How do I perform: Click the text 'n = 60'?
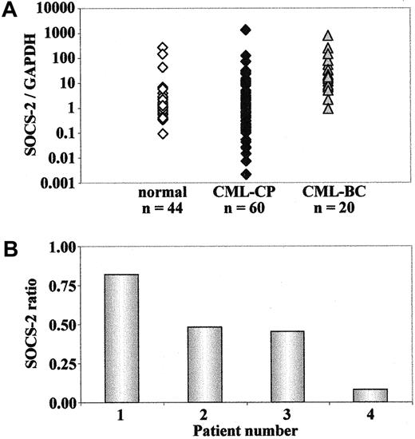246,210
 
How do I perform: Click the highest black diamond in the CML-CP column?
246,30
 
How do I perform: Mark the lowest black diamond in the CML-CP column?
246,174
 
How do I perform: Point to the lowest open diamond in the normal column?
163,133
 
